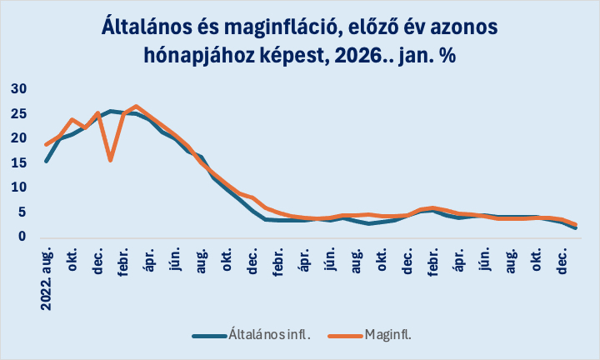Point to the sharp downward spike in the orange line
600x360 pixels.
pyautogui.click(x=111, y=159)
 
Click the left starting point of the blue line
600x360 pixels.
pyautogui.click(x=47, y=161)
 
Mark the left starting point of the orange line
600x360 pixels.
pyautogui.click(x=47, y=145)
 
